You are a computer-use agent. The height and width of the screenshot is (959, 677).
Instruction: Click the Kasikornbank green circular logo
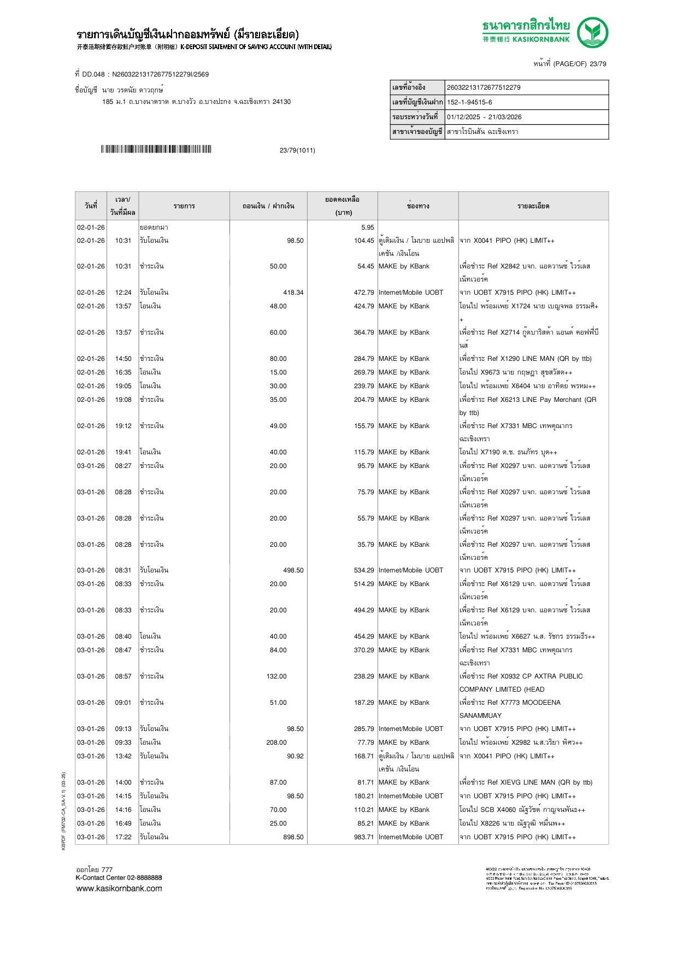pos(592,32)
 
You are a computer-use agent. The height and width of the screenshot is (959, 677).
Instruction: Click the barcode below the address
pos(156,149)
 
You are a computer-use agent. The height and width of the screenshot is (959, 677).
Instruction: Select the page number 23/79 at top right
pos(598,64)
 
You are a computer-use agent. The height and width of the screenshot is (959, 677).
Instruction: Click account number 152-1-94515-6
pos(469,102)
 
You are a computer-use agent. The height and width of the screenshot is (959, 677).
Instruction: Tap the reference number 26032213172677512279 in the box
pos(484,87)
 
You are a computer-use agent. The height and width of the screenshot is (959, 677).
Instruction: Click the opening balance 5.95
pos(368,227)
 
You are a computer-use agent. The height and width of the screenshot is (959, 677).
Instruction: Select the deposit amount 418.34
pos(293,293)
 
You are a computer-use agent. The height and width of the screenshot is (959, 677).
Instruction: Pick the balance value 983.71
pos(364,837)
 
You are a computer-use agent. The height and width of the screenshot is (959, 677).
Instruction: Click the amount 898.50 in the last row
pos(293,837)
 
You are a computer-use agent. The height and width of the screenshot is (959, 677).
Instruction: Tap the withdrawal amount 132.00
pos(276,676)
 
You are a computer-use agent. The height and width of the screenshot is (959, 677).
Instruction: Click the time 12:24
pos(123,293)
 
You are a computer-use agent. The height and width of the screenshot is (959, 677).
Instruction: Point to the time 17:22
pos(123,837)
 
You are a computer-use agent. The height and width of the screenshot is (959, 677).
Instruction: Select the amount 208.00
pos(276,742)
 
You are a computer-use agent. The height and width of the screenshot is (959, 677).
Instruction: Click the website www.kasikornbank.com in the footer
pos(119,888)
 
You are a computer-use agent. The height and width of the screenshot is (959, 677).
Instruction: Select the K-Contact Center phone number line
pos(119,878)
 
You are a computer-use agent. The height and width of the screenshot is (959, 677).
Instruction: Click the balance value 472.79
pos(364,293)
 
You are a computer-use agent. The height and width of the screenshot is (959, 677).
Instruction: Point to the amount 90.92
pos(295,756)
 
